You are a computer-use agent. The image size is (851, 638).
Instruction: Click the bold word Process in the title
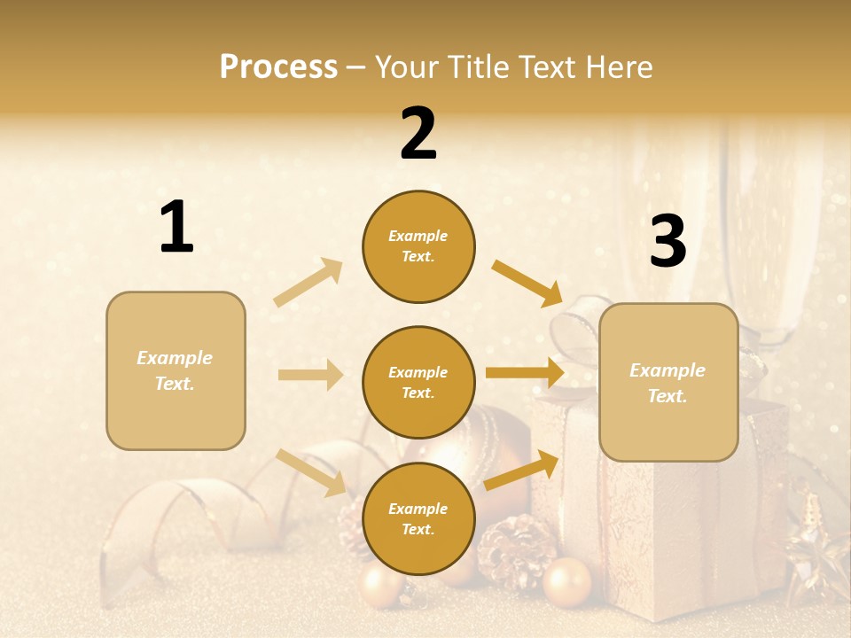[278, 67]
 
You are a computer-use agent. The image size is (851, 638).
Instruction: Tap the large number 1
[176, 228]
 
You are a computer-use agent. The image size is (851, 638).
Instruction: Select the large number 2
[418, 134]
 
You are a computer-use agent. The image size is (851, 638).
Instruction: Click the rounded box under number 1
[176, 370]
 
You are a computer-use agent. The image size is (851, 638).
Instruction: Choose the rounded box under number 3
[668, 382]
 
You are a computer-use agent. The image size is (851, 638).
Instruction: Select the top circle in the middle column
[418, 246]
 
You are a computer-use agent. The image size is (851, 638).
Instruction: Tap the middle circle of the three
[418, 382]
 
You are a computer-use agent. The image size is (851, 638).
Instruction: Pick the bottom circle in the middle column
[418, 518]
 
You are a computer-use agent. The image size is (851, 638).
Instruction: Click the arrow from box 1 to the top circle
[308, 282]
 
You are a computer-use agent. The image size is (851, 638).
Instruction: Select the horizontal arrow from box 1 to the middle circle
[310, 375]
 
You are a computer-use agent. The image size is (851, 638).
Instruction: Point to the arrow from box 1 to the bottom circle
[310, 471]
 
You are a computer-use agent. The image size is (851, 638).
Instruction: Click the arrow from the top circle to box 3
[527, 282]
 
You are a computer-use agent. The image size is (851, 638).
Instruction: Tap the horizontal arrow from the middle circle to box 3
[525, 373]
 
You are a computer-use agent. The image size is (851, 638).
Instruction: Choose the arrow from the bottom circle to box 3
[521, 470]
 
